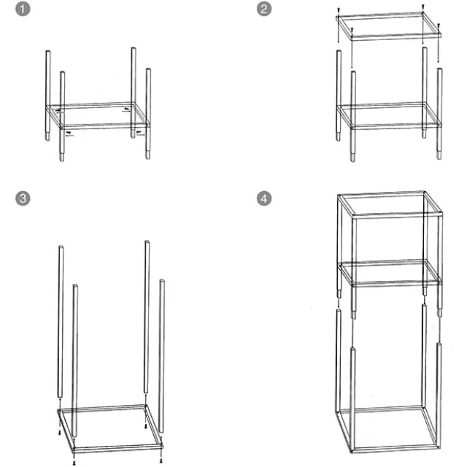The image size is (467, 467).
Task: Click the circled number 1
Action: tap(23, 9)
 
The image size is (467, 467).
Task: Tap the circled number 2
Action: tap(264, 9)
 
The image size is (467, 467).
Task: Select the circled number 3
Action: tap(23, 198)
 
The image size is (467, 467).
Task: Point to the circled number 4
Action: tap(264, 198)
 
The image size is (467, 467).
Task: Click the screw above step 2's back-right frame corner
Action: tap(423, 7)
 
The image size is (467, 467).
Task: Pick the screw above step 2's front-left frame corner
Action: tap(352, 30)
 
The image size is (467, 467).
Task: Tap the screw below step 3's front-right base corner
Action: tap(161, 461)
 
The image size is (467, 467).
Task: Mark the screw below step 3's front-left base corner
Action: tap(74, 463)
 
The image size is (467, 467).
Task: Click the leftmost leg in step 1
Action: tap(47, 96)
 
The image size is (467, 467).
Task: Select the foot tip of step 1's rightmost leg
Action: tap(148, 158)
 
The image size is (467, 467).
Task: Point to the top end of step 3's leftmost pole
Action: tap(61, 247)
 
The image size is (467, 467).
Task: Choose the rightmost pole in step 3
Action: tap(161, 356)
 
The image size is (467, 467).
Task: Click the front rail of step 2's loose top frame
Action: tap(396, 37)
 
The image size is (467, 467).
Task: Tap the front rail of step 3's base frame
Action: tap(117, 448)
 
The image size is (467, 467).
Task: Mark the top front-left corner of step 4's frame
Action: tap(353, 216)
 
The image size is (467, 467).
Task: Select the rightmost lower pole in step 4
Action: tap(439, 395)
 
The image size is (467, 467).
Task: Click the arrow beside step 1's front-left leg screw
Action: tap(70, 136)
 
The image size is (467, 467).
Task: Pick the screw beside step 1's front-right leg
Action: tap(139, 131)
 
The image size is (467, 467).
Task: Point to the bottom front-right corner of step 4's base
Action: tap(439, 447)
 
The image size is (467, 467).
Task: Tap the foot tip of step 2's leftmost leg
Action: tap(339, 139)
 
